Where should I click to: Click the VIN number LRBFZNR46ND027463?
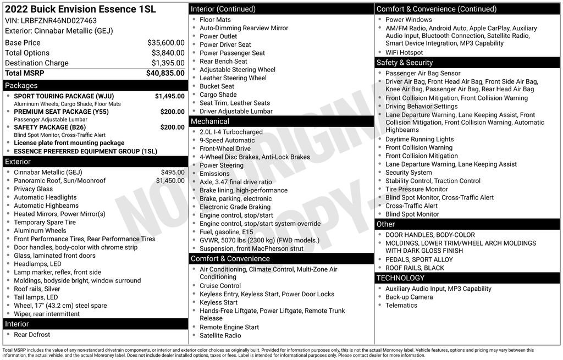(59, 20)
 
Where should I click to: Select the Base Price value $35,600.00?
(165, 42)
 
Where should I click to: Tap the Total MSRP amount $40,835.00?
(165, 73)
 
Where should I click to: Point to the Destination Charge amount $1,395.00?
(168, 63)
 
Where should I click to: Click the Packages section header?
(21, 85)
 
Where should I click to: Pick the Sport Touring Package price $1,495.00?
(169, 96)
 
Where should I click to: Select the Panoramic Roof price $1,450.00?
(170, 180)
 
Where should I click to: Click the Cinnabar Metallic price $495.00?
(173, 172)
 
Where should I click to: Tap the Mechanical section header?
(210, 121)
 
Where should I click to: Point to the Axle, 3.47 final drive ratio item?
(235, 182)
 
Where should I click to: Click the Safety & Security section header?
(405, 62)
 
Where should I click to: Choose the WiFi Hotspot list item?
(404, 53)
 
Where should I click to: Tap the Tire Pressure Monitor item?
(416, 189)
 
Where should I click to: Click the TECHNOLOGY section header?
(400, 278)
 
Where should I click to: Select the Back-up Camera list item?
(409, 297)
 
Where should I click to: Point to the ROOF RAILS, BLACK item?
(415, 268)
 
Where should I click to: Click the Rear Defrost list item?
(32, 334)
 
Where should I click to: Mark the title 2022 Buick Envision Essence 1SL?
(80, 9)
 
